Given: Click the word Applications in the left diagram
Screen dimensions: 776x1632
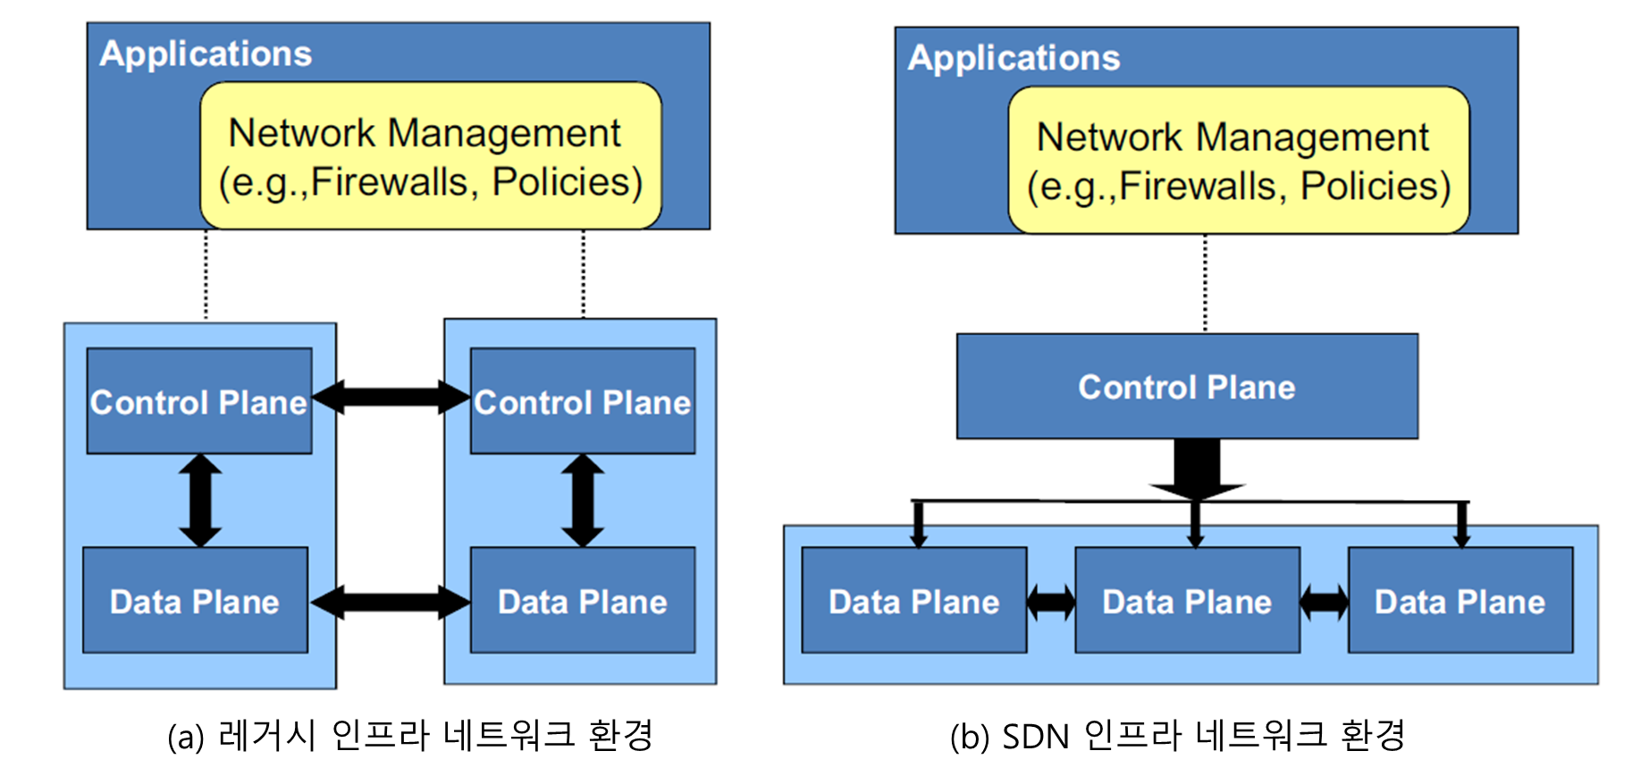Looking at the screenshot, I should pyautogui.click(x=206, y=54).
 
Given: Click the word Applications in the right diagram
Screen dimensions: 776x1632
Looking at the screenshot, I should pyautogui.click(x=1014, y=58).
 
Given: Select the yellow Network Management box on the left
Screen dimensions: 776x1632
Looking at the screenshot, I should pyautogui.click(x=430, y=156).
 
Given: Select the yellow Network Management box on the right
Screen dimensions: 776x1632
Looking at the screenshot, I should pyautogui.click(x=1238, y=161).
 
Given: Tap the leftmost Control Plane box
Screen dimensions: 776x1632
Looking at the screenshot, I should pyautogui.click(x=199, y=402).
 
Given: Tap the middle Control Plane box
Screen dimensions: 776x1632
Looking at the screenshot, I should pyautogui.click(x=583, y=402).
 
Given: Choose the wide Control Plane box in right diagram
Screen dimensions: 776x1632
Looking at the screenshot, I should pyautogui.click(x=1187, y=387).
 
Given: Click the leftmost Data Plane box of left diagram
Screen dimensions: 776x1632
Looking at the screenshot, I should pyautogui.click(x=195, y=601).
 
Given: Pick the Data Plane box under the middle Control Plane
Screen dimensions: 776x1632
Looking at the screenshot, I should pyautogui.click(x=583, y=601).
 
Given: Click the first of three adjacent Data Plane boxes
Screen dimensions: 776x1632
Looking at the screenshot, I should pyautogui.click(x=913, y=601).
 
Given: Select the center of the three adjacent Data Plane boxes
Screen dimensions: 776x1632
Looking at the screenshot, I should pyautogui.click(x=1187, y=601).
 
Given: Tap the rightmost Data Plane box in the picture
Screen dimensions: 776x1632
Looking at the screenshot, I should pyautogui.click(x=1460, y=601).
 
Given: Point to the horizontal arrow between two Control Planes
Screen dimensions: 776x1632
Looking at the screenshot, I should pyautogui.click(x=391, y=396).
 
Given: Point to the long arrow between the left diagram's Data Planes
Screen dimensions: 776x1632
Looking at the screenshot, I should pyautogui.click(x=390, y=602).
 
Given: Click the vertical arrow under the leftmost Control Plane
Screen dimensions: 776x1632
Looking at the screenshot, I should pyautogui.click(x=200, y=500).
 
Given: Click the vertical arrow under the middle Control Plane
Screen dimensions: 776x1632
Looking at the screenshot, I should pyautogui.click(x=583, y=500).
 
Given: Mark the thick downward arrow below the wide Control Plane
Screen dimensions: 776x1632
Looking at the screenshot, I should pyautogui.click(x=1197, y=469).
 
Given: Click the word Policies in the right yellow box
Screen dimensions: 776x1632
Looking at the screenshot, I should pyautogui.click(x=1375, y=186).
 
